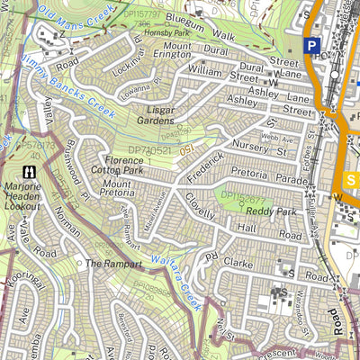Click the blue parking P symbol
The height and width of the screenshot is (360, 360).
tap(311, 47)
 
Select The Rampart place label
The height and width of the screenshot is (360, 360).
tap(113, 265)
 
